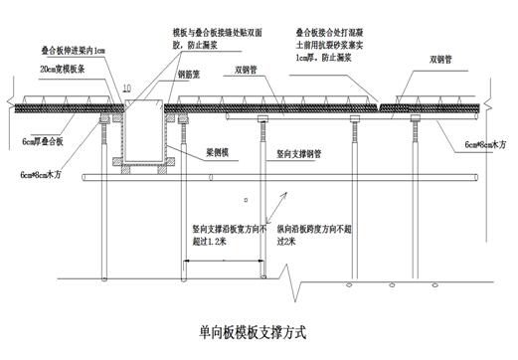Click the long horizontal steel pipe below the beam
pyautogui.click(x=298, y=179)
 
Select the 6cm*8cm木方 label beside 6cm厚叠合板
pyautogui.click(x=40, y=174)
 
